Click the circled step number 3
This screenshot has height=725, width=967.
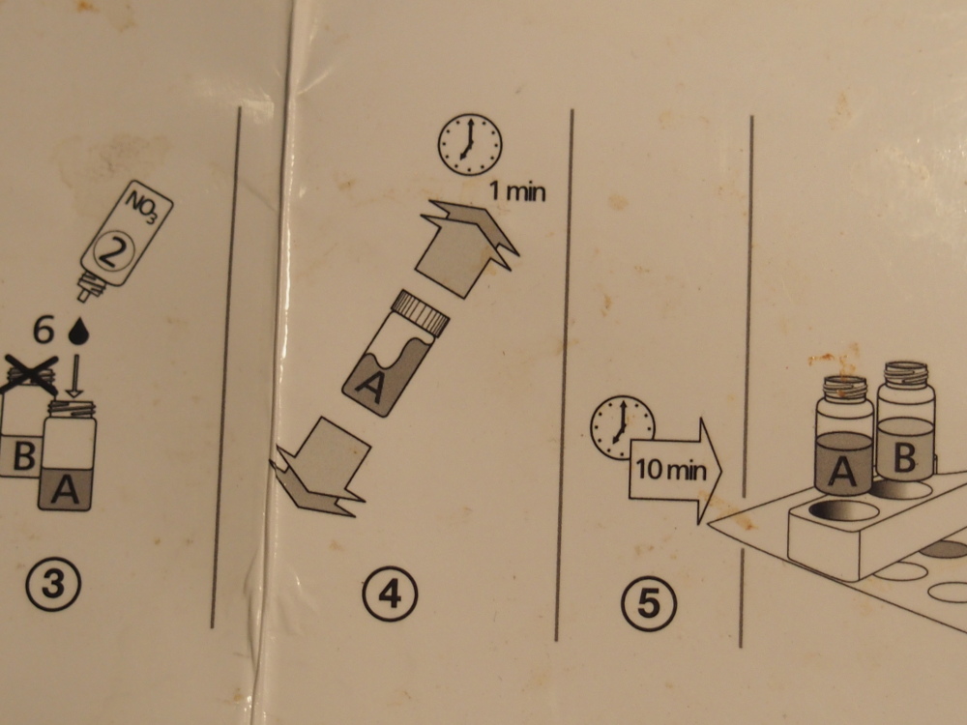pos(53,584)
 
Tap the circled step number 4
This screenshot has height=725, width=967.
pos(390,594)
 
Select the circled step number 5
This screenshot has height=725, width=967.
pos(648,603)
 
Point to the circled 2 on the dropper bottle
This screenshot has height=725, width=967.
pos(113,252)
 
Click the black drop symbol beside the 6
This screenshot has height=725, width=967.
pos(78,331)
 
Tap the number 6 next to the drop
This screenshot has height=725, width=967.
pos(44,330)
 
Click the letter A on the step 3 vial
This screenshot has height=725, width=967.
pos(65,490)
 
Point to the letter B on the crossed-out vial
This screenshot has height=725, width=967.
pos(23,457)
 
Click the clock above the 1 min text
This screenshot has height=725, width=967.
pos(470,144)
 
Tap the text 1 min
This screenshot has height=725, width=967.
pos(517,191)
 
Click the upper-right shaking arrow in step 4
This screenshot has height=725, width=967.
pos(466,246)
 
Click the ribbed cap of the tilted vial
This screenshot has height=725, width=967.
pos(423,312)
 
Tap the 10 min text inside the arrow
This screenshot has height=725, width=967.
pos(670,470)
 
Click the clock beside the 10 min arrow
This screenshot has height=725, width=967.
pos(622,427)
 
